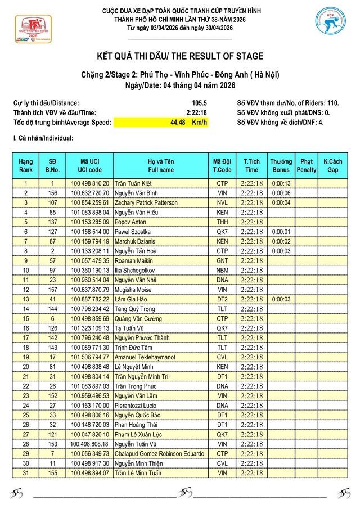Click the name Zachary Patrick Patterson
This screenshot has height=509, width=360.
[x=146, y=202]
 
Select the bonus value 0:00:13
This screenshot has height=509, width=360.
[x=281, y=183]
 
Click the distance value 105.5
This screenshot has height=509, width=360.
[x=199, y=103]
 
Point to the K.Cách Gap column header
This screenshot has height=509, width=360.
[x=332, y=166]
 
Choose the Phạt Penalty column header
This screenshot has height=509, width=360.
[x=307, y=166]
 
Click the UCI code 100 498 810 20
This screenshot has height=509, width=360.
[x=90, y=183]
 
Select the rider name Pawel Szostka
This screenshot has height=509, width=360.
[x=133, y=231]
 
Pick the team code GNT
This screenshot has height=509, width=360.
[x=222, y=260]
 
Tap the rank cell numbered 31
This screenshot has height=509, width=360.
[x=26, y=473]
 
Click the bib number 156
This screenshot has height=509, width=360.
[x=52, y=193]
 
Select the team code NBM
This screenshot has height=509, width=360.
[x=222, y=270]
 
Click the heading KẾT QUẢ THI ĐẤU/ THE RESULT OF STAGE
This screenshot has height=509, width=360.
[x=180, y=56]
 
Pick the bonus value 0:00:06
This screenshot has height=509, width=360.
[x=281, y=193]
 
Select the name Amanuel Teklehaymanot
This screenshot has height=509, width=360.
[x=145, y=357]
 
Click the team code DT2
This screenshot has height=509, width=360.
[x=222, y=299]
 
